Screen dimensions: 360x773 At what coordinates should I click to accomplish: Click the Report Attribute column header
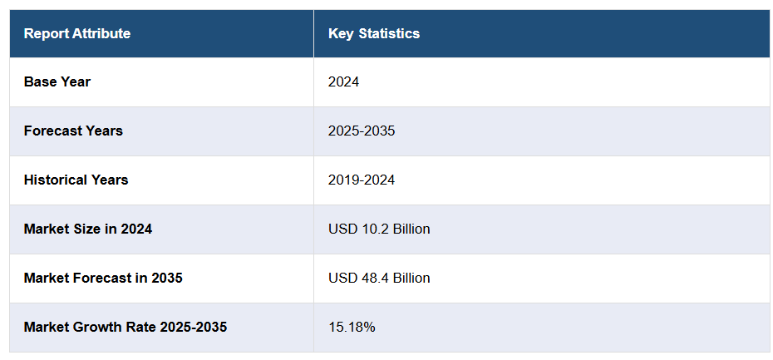[76, 33]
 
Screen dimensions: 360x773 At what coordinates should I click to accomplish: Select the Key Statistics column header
[374, 33]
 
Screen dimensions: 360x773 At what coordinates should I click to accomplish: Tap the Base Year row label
[57, 81]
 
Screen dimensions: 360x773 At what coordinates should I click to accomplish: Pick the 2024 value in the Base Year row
[343, 81]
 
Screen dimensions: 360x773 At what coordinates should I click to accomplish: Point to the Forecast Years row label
[73, 131]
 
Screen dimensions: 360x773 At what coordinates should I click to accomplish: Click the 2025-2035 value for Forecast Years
[362, 131]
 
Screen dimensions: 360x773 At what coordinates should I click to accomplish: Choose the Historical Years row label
[76, 180]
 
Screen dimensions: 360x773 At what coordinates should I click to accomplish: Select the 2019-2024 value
[362, 180]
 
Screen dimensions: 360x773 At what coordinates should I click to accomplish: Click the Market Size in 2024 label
[87, 229]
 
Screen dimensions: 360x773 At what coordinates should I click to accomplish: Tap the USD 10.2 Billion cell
[379, 229]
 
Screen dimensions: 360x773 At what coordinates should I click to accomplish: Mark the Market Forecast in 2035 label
[103, 278]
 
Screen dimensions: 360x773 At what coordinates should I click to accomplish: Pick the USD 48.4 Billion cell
[379, 278]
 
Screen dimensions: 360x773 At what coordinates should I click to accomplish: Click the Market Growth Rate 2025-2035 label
[125, 327]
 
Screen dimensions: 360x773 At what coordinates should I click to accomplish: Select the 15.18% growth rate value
[352, 327]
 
